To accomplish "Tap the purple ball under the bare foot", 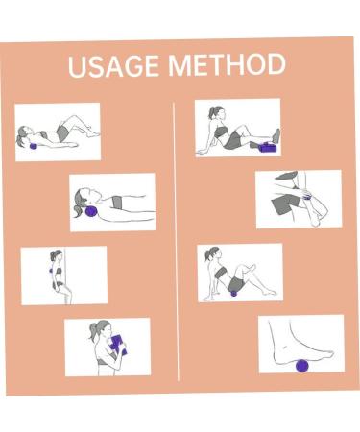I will point(301,365).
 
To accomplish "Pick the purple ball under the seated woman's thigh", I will point(233,292).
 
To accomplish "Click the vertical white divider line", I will point(177,240).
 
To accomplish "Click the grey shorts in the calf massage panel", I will point(284,203).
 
